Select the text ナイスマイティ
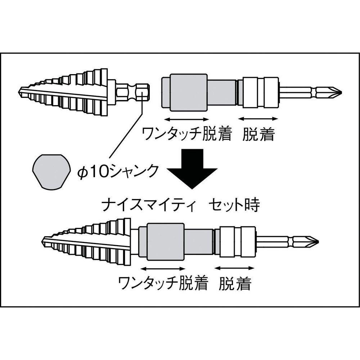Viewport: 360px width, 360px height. (148, 205)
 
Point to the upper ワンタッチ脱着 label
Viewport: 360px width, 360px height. (186, 134)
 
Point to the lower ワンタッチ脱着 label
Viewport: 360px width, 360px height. (163, 283)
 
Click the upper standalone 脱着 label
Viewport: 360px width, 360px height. (258, 134)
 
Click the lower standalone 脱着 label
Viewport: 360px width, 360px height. (235, 283)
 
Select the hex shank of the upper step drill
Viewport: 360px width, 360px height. (132, 93)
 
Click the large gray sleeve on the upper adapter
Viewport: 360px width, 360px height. (189, 93)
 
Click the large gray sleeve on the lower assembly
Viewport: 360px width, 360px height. (166, 242)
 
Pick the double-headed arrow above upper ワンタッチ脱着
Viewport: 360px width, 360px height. (186, 119)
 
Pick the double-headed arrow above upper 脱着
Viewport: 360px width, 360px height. (258, 119)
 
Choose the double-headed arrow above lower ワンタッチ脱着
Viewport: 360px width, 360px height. (163, 269)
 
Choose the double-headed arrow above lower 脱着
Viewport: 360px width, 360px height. (234, 268)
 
